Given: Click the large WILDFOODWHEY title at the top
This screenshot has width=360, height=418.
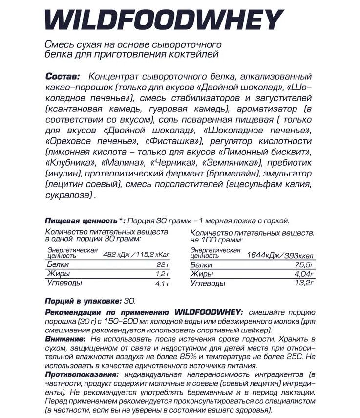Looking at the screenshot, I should pos(164,20).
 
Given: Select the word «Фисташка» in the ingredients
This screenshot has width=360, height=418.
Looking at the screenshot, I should pos(178,141).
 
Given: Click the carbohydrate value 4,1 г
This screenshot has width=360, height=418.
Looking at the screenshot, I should pos(162,283).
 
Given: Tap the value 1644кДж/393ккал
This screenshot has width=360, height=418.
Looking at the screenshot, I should pos(280,254).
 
